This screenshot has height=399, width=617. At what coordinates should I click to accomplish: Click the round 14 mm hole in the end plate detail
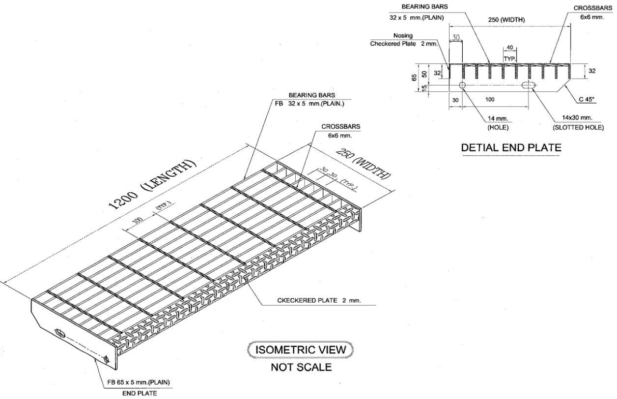(x=463, y=85)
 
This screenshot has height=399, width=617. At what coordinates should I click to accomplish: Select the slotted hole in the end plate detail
(x=529, y=85)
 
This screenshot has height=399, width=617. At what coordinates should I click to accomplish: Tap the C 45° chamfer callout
(x=586, y=99)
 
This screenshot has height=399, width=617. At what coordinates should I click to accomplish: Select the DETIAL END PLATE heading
(x=511, y=147)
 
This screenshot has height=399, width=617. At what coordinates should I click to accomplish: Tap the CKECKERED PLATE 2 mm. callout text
(x=319, y=301)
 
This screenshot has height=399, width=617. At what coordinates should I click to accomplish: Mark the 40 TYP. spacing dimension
(x=509, y=48)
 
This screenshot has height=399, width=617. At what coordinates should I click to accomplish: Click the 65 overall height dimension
(x=415, y=77)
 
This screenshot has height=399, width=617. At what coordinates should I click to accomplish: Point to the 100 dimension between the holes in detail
(x=490, y=99)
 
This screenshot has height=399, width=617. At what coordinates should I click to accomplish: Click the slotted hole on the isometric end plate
(x=60, y=333)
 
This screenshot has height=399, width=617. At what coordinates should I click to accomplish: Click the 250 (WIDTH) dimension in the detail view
(x=506, y=20)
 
